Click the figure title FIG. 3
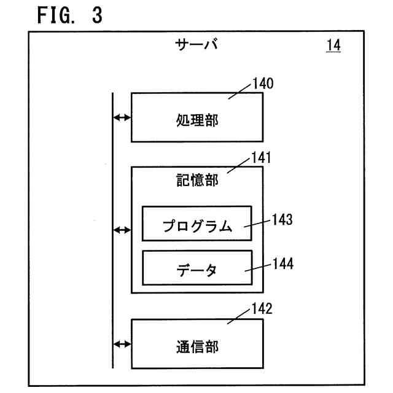pyautogui.click(x=70, y=15)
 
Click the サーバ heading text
pyautogui.click(x=196, y=45)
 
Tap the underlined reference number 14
pyautogui.click(x=333, y=45)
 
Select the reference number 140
pyautogui.click(x=263, y=84)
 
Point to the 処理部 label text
pyautogui.click(x=197, y=120)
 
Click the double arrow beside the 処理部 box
pyautogui.click(x=122, y=117)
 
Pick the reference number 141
pyautogui.click(x=262, y=158)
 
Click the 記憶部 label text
pyautogui.click(x=197, y=180)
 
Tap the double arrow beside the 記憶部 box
pyautogui.click(x=122, y=230)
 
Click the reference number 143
pyautogui.click(x=282, y=220)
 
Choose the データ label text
pyautogui.click(x=196, y=270)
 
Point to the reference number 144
pyautogui.click(x=283, y=263)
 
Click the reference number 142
pyautogui.click(x=262, y=308)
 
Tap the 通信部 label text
pyautogui.click(x=197, y=347)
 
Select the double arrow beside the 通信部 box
pyautogui.click(x=122, y=344)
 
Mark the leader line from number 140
pyautogui.click(x=239, y=91)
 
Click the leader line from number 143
pyautogui.click(x=257, y=224)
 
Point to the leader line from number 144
pyautogui.click(x=258, y=268)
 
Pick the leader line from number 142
pyautogui.click(x=239, y=317)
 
